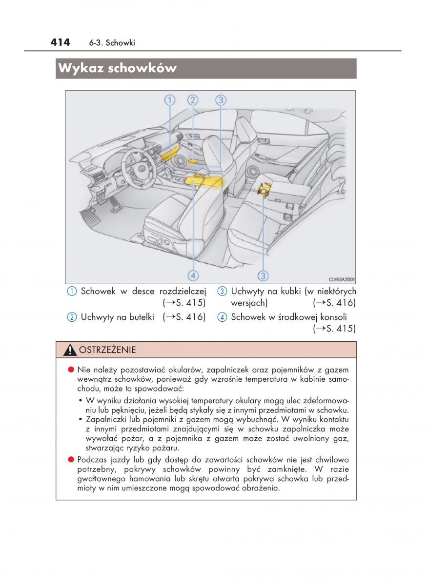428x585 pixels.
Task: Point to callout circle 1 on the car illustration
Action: point(169,100)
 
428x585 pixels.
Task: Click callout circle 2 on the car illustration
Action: point(193,100)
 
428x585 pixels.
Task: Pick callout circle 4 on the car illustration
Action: point(193,275)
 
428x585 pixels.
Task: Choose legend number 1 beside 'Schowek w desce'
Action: point(72,292)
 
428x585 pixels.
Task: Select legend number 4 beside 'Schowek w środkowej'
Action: point(222,317)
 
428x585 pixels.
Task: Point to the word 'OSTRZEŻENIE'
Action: point(107,350)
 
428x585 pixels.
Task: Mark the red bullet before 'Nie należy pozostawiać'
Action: point(71,370)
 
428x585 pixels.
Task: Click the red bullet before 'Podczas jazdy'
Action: point(71,459)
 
